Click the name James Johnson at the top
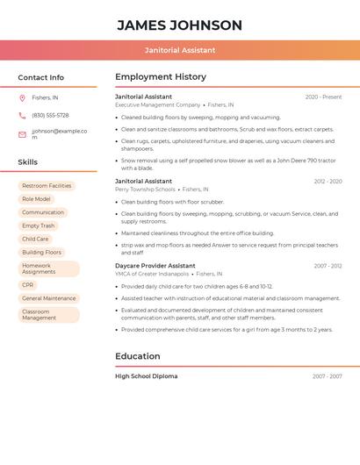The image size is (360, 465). coord(179,25)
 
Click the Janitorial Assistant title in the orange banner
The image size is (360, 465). coord(179,50)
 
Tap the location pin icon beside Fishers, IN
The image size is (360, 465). coord(22,97)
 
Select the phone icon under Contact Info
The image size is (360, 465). coord(22,115)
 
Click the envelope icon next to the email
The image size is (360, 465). coord(22,134)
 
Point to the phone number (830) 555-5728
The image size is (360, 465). coord(50,115)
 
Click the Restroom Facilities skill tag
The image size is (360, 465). coord(47,186)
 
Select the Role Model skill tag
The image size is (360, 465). coord(36,199)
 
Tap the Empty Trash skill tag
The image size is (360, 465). coord(39,225)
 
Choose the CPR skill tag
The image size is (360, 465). coord(28,285)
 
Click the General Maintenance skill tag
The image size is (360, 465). coord(48,298)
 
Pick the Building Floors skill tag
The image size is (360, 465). coord(41,252)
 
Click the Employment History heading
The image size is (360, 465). coord(161,77)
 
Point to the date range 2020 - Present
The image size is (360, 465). coord(323,97)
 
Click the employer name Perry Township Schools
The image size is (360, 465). coord(145,190)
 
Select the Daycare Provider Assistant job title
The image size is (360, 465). coord(155,265)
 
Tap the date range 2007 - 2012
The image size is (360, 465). coord(328,266)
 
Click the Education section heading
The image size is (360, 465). coord(138,356)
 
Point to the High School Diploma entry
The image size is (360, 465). coord(147,376)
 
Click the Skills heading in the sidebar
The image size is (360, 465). coord(28,162)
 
